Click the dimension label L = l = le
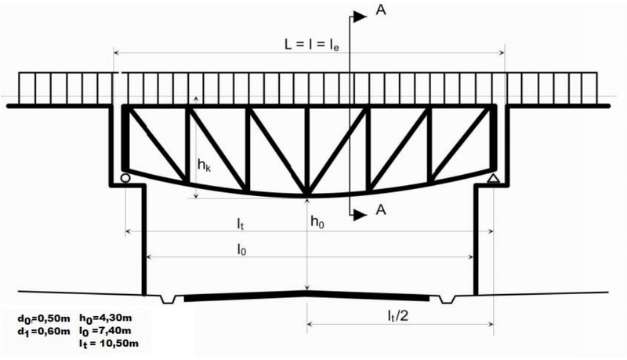pos(312,45)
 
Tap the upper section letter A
pos(381,10)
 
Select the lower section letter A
pos(381,209)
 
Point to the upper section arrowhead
pos(360,16)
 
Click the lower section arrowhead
pos(360,215)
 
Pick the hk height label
pos(204,165)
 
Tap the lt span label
pos(240,224)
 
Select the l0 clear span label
pos(241,249)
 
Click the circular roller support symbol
pos(125,178)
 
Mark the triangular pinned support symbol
pos(494,178)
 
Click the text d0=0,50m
pos(44,318)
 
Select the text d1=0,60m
pos(44,331)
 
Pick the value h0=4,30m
pos(106,318)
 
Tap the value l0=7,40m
pos(105,331)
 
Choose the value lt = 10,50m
pos(109,344)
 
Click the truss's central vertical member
pos(306,151)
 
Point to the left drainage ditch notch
pos(168,299)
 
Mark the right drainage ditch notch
pos(447,299)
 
